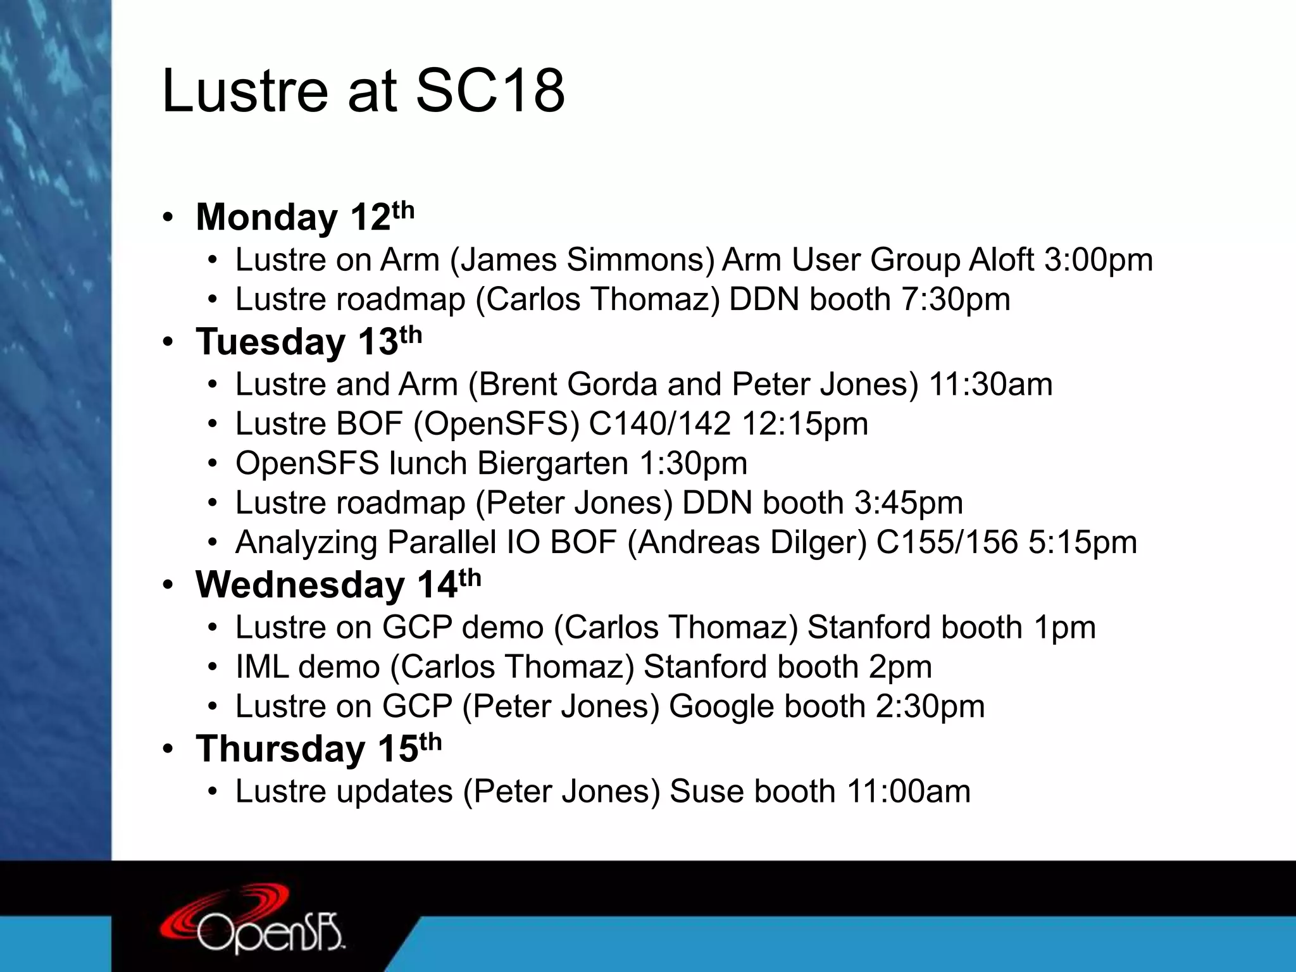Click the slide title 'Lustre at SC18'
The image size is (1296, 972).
point(363,92)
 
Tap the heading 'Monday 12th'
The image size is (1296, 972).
point(304,217)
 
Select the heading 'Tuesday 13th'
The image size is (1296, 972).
point(308,342)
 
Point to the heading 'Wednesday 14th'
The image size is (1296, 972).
point(338,584)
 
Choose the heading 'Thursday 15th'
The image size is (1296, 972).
point(318,749)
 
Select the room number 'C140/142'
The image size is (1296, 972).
point(659,424)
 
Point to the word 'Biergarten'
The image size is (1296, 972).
point(552,463)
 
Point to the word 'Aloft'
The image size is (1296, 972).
point(1001,260)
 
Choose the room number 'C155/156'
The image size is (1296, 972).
point(947,542)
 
